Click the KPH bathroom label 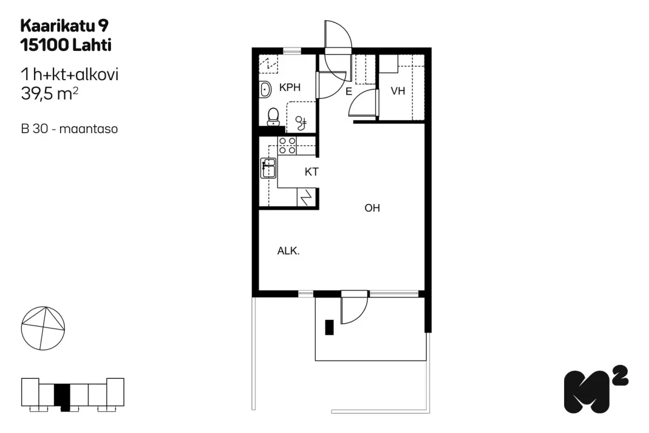pos(290,87)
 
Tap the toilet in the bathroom pos(273,117)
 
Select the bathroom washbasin pos(265,89)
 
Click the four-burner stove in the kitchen pos(287,146)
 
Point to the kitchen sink pos(268,168)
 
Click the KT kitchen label pos(312,172)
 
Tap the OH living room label pos(372,208)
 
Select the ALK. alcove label pos(288,251)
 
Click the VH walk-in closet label pos(398,91)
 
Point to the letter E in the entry pos(349,91)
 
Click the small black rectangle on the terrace pos(329,327)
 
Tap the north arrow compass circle pos(43,328)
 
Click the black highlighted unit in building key pos(62,397)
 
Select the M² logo pos(596,390)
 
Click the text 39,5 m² pos(50,94)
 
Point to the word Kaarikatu pos(58,26)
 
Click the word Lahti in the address pos(92,45)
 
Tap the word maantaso pos(88,129)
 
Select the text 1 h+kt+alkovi pos(70,74)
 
